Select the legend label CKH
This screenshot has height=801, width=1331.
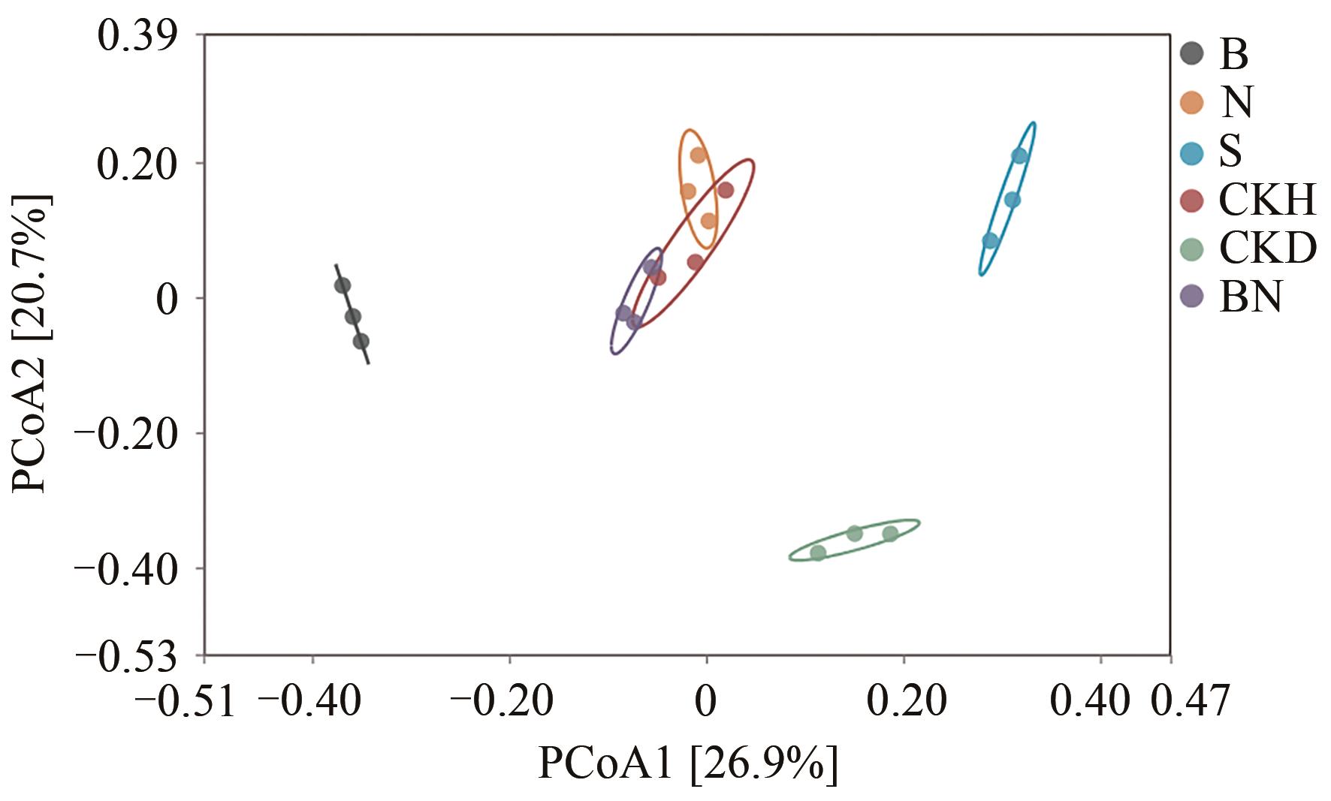click(1268, 200)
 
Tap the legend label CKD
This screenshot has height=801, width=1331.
click(1268, 248)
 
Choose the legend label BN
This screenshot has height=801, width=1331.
click(1251, 297)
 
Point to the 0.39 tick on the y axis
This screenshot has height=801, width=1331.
click(142, 36)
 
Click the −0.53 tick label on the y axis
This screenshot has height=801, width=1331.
click(127, 657)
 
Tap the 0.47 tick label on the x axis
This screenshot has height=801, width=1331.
click(1191, 702)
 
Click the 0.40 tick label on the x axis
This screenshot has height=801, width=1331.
click(1089, 702)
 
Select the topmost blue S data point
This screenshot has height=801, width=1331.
click(1019, 156)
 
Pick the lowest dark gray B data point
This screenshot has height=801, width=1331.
click(361, 342)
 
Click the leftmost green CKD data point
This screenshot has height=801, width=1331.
click(818, 553)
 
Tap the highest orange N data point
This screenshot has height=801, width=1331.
click(698, 155)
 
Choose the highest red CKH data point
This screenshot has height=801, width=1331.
click(725, 190)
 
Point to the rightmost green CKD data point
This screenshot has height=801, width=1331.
click(890, 534)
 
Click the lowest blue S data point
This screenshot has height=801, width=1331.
click(990, 241)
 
